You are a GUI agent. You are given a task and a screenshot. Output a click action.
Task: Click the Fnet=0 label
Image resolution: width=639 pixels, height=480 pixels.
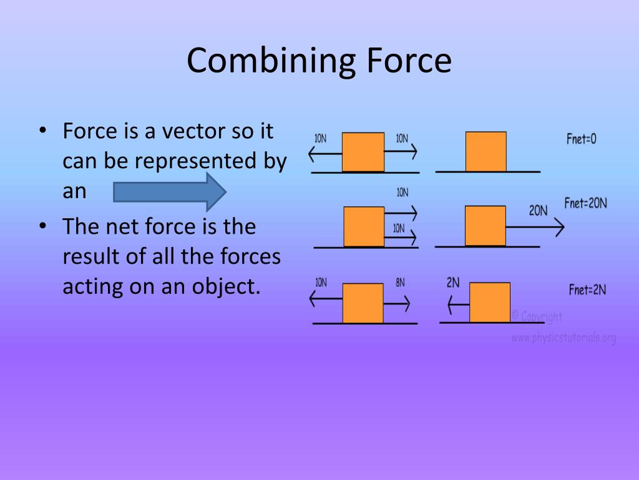tap(581, 139)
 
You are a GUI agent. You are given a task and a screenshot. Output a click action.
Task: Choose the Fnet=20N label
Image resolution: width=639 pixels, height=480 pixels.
tap(585, 203)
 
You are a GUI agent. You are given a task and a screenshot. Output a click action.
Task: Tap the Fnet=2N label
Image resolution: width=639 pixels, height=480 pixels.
tap(587, 289)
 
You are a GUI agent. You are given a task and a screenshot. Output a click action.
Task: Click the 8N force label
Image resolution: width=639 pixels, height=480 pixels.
tap(400, 282)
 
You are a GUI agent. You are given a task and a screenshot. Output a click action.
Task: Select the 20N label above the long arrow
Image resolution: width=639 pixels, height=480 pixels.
tap(538, 211)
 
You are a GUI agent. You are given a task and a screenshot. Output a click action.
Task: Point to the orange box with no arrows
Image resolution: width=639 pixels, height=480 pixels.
tap(485, 151)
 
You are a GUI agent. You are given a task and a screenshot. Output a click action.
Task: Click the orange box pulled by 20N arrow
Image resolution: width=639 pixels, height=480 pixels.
tap(485, 226)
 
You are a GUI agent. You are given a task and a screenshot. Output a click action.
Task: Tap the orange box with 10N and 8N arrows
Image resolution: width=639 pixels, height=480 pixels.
tap(363, 303)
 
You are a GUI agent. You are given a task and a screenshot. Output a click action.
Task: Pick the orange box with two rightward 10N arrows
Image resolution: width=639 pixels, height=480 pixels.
tap(364, 226)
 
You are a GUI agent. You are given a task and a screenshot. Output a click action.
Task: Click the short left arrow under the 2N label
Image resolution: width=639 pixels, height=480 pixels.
tap(457, 304)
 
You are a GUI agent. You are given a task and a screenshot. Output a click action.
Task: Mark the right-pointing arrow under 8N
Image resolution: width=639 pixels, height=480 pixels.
tap(397, 304)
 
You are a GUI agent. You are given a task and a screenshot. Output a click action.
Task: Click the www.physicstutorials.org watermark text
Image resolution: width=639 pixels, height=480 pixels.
tap(563, 338)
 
